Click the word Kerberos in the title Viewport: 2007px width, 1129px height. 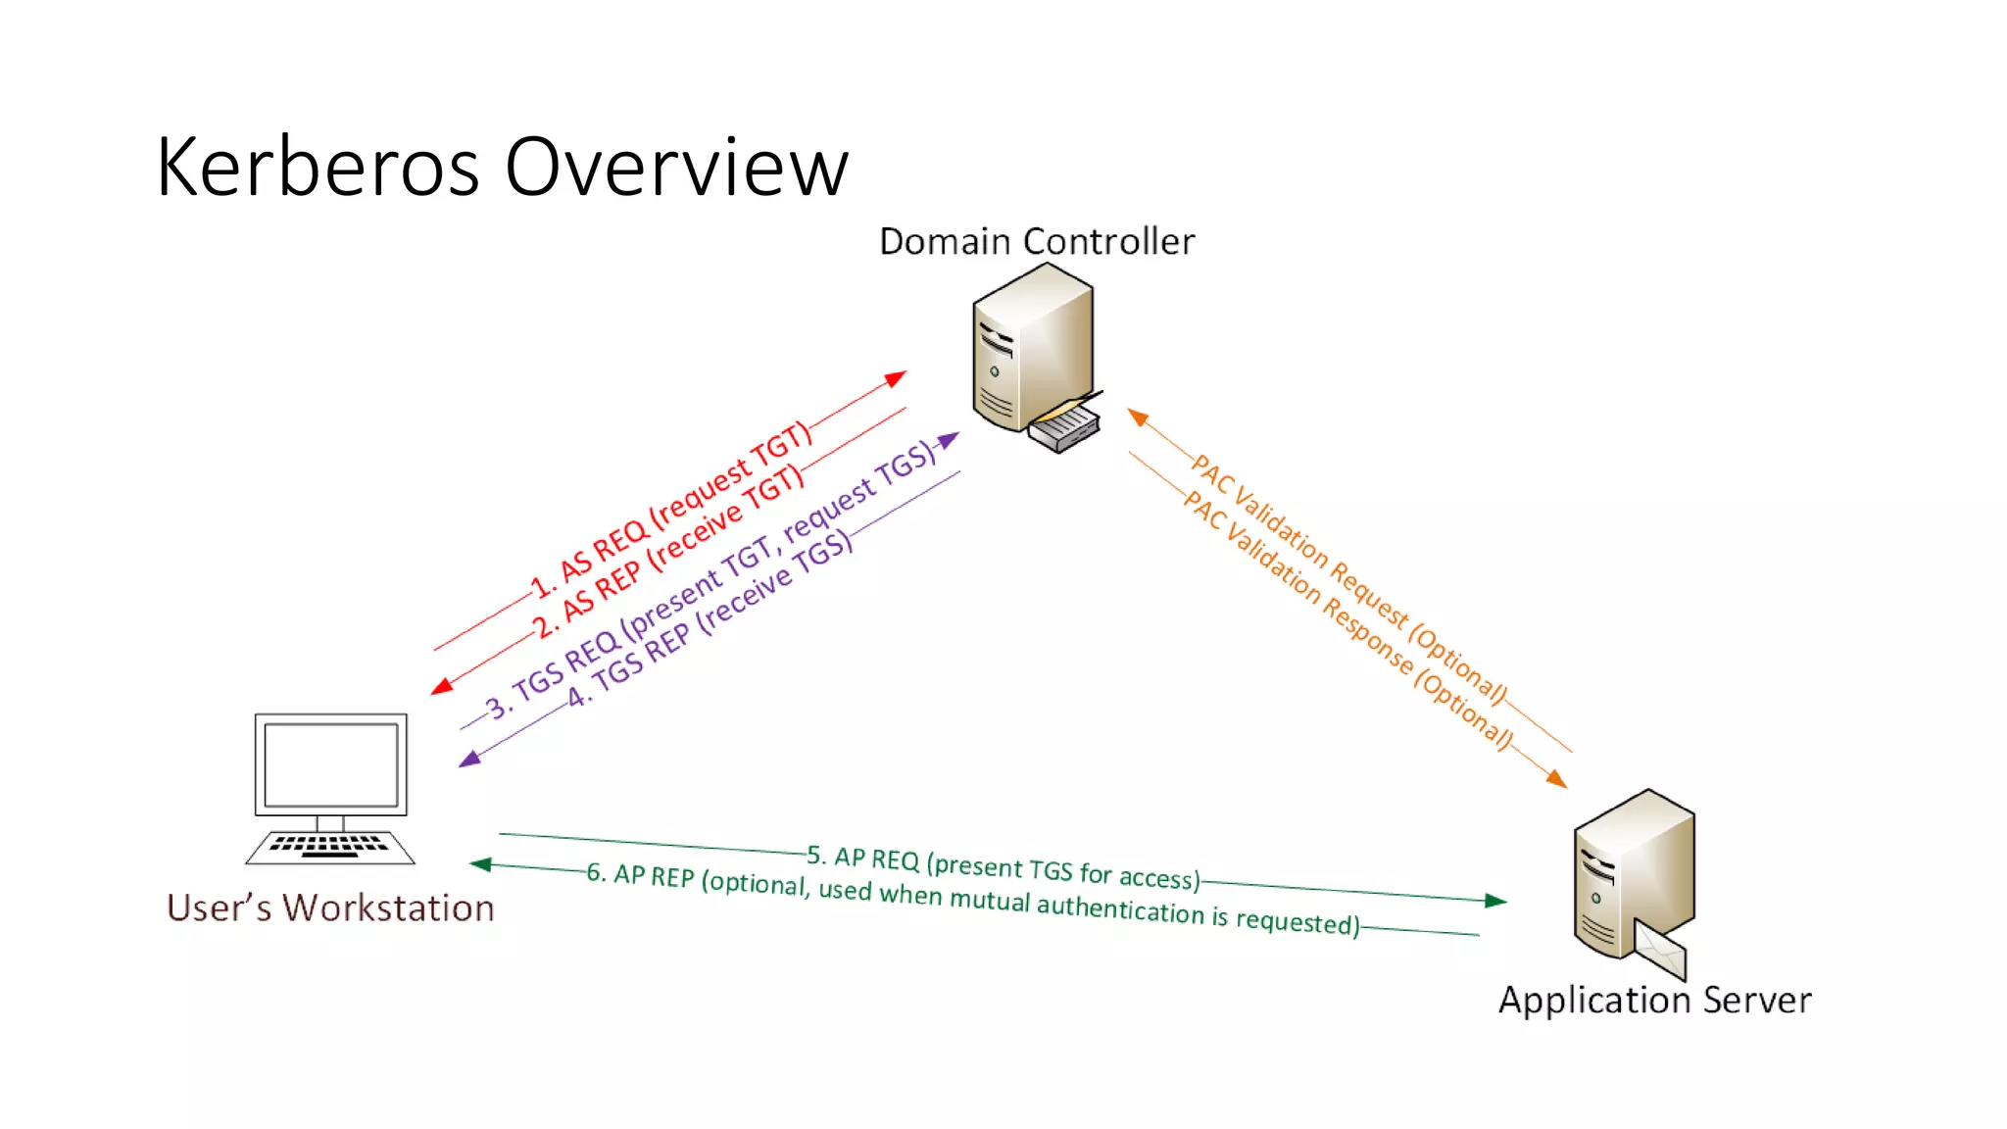click(318, 168)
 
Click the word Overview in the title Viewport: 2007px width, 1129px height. click(676, 168)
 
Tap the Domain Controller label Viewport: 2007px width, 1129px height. click(1037, 241)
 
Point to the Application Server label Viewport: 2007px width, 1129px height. click(1655, 1000)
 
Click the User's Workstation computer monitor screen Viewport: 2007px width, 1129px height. click(331, 764)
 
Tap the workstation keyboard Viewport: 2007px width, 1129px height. click(330, 846)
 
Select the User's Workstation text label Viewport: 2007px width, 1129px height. click(330, 908)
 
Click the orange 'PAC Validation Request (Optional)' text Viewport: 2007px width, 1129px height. click(1348, 578)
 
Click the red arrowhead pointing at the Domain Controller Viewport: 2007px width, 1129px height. click(895, 378)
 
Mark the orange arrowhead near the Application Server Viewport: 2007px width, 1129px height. click(1556, 779)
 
